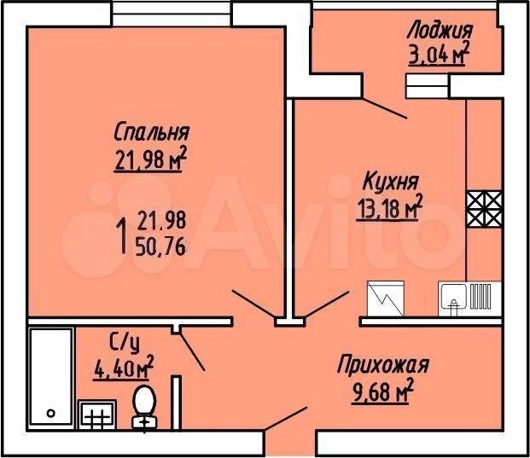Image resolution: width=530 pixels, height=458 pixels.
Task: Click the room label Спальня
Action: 151,132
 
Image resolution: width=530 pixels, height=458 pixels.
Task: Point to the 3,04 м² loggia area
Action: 438,55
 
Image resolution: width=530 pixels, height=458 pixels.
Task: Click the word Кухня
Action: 390,181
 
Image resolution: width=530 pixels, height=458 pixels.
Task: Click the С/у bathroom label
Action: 125,343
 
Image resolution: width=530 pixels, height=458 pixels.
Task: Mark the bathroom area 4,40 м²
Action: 124,368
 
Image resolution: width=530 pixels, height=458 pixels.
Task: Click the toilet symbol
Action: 145,406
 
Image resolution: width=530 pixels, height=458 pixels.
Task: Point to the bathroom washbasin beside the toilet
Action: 96,415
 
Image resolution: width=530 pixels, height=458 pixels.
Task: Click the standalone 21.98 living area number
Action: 160,222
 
